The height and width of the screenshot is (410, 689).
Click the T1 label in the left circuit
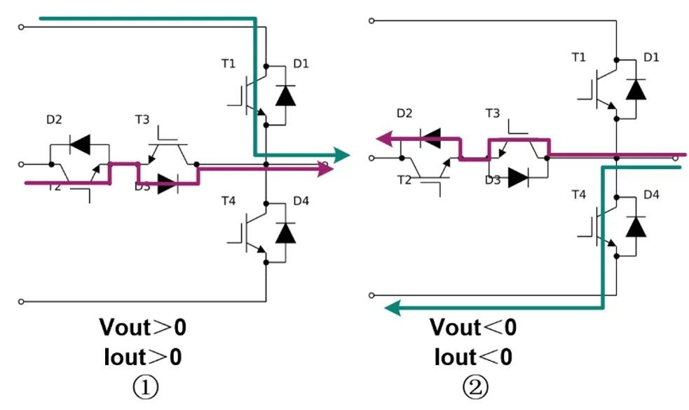228,64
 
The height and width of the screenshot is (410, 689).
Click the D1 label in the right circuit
651,57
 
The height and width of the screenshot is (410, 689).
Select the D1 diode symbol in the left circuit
285,95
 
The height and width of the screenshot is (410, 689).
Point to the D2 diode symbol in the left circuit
80,144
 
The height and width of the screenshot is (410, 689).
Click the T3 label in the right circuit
493,113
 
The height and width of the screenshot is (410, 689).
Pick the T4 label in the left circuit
228,201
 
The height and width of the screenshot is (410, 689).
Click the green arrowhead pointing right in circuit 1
341,154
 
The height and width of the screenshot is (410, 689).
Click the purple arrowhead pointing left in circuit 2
383,139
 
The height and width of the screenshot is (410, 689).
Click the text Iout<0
473,357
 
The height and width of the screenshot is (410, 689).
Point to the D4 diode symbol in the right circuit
635,226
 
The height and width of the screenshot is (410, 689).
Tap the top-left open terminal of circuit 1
22,27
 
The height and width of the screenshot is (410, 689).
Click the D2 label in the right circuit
404,113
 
